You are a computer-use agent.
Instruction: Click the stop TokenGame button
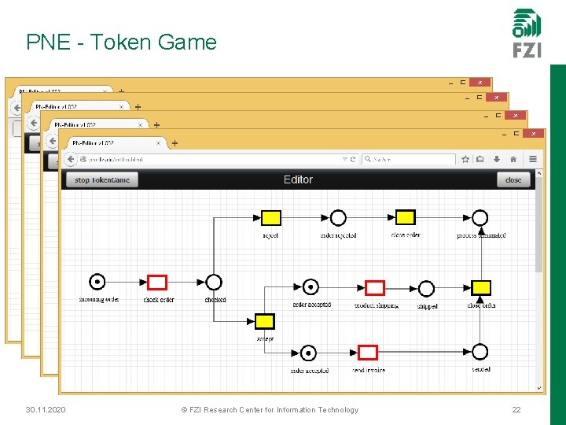tap(102, 179)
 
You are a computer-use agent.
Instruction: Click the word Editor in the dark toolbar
tap(298, 179)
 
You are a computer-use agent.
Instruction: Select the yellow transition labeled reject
tap(270, 218)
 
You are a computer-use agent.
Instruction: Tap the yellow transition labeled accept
tap(265, 321)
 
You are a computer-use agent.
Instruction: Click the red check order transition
tap(157, 282)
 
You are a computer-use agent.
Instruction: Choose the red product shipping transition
tap(375, 288)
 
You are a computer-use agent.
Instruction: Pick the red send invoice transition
tap(368, 352)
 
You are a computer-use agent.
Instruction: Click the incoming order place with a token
tap(97, 282)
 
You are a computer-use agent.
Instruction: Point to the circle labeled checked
tap(214, 282)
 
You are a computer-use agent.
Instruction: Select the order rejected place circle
tap(338, 218)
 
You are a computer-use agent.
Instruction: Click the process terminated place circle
tap(480, 218)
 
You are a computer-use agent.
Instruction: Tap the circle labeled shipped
tap(426, 288)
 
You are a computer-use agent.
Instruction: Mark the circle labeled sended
tap(480, 352)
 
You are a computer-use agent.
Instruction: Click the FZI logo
tap(527, 33)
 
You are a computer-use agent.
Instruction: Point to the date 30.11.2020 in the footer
tap(46, 410)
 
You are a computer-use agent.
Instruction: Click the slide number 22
tap(516, 410)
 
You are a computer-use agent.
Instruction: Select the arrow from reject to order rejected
tap(305, 218)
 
